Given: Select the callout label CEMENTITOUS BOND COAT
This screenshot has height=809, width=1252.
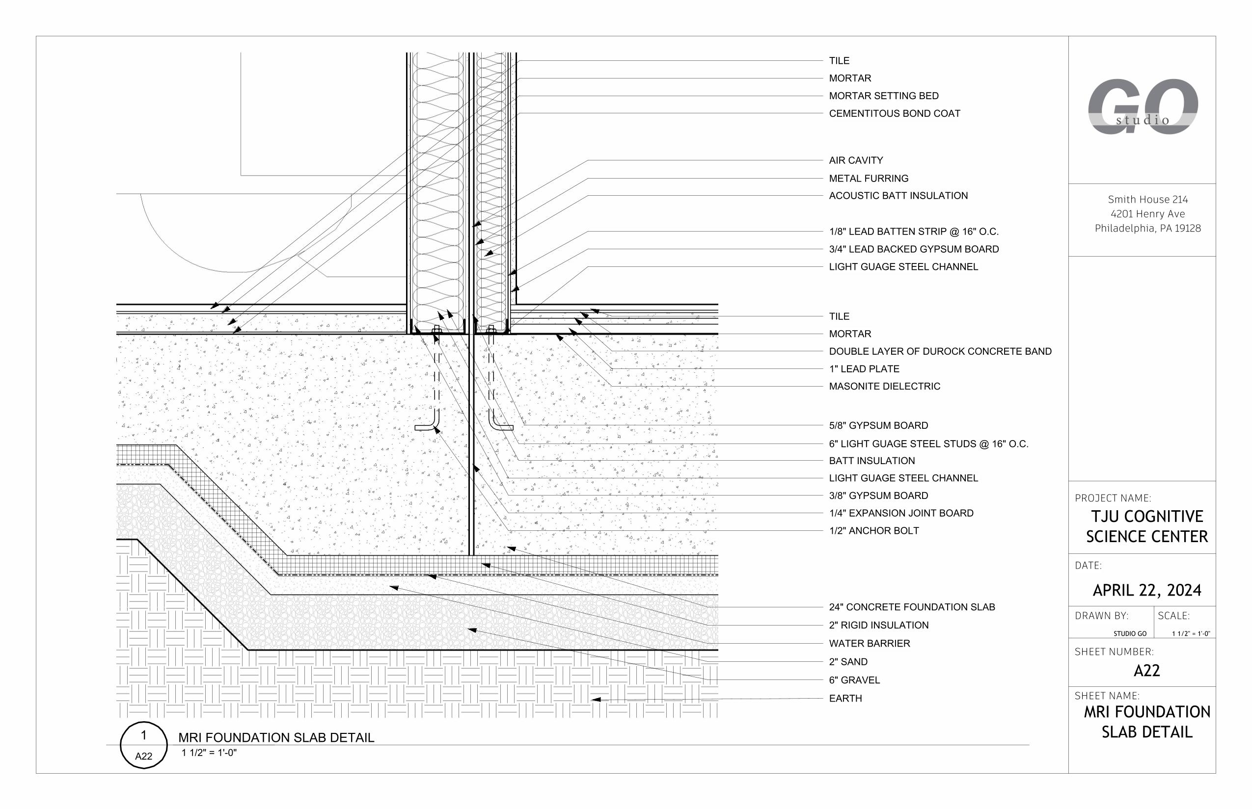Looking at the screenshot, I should point(894,113).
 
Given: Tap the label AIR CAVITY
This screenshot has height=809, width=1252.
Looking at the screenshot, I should point(856,160).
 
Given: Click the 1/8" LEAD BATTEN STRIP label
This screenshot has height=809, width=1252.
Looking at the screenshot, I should point(914,232).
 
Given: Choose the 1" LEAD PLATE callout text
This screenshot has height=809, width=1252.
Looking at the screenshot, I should point(864,369).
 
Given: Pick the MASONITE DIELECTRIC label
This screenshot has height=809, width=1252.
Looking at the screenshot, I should point(884,386).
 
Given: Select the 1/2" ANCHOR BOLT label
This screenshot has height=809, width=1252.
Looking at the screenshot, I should point(873,530).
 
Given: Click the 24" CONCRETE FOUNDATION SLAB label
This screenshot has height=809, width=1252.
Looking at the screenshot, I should point(911,607).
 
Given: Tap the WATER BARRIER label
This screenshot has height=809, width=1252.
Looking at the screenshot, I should point(869,643).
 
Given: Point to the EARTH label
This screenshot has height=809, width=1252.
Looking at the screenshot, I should point(845,698).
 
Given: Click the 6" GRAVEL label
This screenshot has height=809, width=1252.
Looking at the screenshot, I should point(854,680).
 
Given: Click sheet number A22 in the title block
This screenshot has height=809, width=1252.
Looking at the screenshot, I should point(1146,671).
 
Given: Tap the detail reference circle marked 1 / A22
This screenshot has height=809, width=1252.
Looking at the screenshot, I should point(143,745).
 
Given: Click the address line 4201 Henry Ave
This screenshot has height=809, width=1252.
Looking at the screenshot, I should point(1147,214).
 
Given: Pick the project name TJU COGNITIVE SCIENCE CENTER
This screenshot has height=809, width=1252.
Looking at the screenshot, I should point(1146,526).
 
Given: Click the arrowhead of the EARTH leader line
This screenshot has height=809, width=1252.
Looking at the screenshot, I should point(595,700).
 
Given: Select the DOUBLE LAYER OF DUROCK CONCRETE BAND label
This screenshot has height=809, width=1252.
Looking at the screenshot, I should point(940,351).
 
